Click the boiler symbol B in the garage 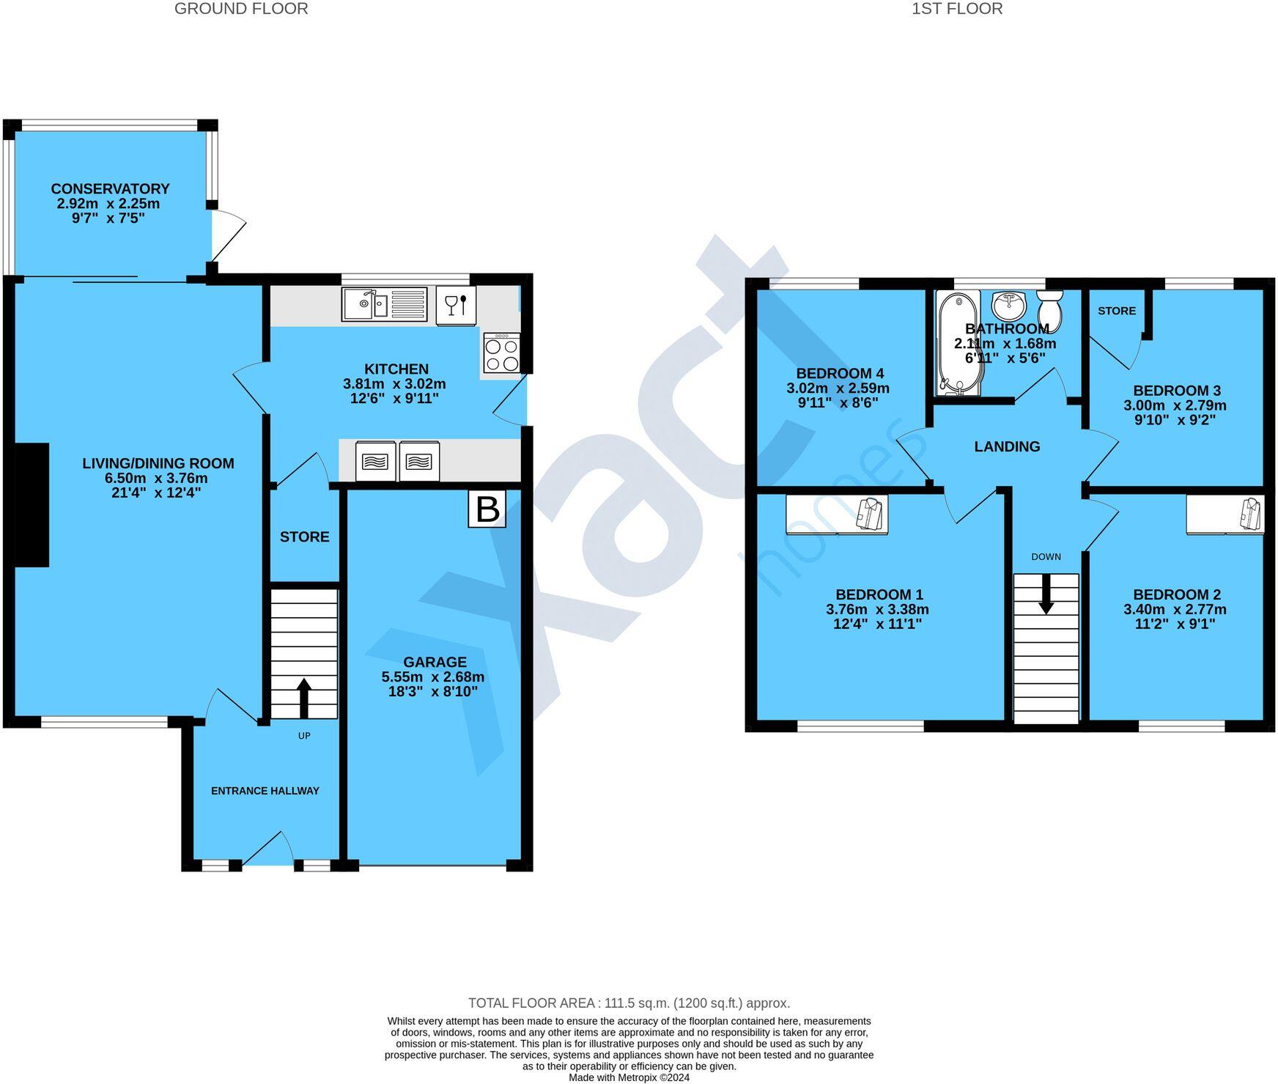tap(487, 509)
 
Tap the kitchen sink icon tap(384, 304)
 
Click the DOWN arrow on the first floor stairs tap(1046, 593)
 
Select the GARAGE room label tap(434, 662)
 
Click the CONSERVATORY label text tap(110, 189)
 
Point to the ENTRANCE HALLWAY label tap(265, 791)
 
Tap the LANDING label tap(1006, 446)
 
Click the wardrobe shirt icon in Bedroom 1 tap(870, 513)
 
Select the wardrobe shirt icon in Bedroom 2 tap(1251, 513)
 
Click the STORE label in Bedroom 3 tap(1116, 311)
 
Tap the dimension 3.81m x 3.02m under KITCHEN tap(394, 384)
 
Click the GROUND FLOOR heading tap(241, 9)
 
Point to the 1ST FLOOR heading tap(956, 9)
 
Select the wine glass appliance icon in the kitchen tap(456, 304)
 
